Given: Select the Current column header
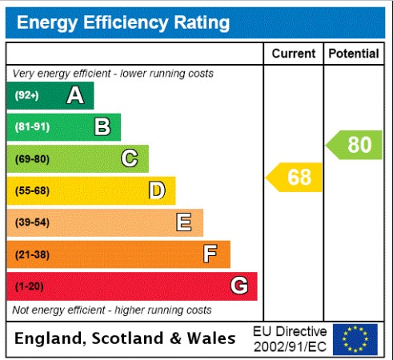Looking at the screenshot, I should click(x=294, y=54).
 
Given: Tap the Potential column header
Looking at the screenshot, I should click(x=353, y=54).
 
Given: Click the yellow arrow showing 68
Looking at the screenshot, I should click(x=295, y=177).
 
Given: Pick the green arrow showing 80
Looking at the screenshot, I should click(x=355, y=145).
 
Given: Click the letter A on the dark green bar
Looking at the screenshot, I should click(x=75, y=96).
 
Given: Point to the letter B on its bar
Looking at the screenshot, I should click(x=102, y=126).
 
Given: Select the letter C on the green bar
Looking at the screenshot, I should click(x=129, y=158).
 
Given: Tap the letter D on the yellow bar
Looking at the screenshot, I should click(x=157, y=190).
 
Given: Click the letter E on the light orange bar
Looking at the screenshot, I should click(x=183, y=222).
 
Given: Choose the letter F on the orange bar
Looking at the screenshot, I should click(x=210, y=254).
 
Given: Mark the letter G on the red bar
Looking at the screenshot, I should click(x=239, y=286).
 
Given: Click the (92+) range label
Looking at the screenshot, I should click(x=26, y=96).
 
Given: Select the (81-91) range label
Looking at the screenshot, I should click(x=32, y=127).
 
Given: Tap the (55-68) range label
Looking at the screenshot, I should click(x=32, y=190).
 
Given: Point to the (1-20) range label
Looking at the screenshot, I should click(x=30, y=286).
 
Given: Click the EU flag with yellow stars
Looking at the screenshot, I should click(x=355, y=339).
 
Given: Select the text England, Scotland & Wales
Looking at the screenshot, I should click(x=125, y=338).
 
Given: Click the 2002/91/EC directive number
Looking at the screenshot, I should click(x=289, y=346).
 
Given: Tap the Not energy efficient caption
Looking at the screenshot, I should click(x=112, y=310).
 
